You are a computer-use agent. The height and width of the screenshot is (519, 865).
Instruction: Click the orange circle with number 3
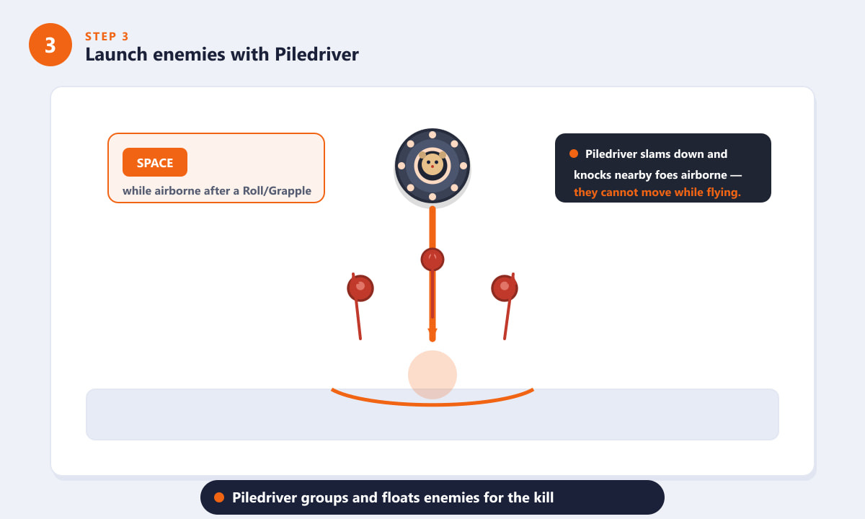[50, 45]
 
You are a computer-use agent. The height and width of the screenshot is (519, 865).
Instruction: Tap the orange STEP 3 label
[107, 37]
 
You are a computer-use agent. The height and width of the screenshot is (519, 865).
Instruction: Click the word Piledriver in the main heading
[316, 55]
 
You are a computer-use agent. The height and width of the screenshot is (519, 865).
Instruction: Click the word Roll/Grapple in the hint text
[277, 191]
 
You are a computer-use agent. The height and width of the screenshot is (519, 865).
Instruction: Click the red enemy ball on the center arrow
[432, 259]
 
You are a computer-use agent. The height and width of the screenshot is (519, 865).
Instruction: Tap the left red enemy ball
[360, 288]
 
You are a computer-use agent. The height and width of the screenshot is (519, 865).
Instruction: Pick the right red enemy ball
[505, 288]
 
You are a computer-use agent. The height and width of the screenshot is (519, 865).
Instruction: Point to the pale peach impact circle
[432, 375]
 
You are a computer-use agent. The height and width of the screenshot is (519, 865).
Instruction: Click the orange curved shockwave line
[432, 404]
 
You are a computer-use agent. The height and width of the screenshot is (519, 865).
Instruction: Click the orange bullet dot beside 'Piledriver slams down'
[574, 154]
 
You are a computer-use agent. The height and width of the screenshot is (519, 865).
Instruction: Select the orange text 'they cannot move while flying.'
[657, 192]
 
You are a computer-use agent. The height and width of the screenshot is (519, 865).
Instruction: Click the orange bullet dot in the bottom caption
[219, 497]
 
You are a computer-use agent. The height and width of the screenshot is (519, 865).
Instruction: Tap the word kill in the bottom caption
[544, 497]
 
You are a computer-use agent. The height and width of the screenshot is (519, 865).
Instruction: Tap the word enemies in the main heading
[189, 55]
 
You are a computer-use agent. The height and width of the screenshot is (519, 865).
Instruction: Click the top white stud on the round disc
[432, 135]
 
